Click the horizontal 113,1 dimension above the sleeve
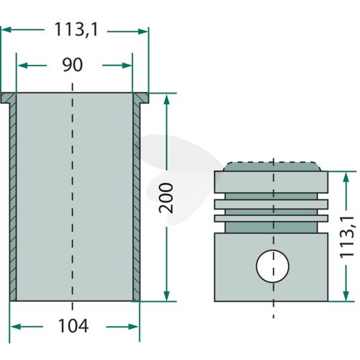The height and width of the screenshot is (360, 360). (x=76, y=30)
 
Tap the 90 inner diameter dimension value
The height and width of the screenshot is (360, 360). (x=73, y=65)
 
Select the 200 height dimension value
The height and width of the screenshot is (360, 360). (x=166, y=198)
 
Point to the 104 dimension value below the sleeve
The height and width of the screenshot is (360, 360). (x=73, y=326)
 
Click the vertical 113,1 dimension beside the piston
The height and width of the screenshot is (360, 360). (x=347, y=237)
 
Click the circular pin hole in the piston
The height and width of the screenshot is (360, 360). (x=272, y=266)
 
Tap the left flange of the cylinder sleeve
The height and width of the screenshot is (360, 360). (x=9, y=98)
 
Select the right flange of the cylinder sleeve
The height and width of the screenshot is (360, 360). (x=140, y=98)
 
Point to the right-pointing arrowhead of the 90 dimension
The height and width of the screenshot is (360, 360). (x=127, y=66)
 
